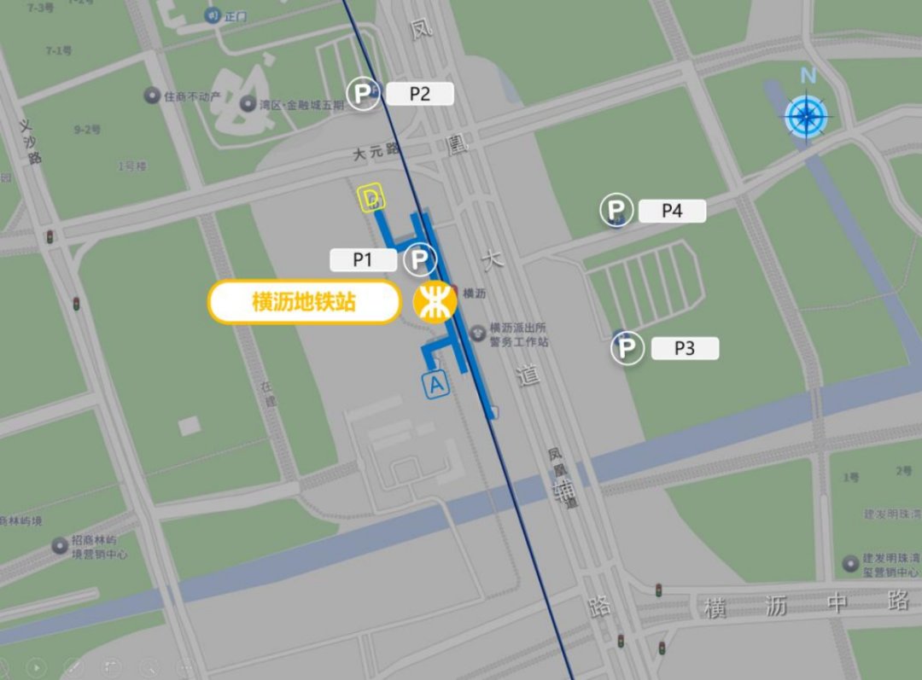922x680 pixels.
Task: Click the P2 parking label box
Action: click(419, 94)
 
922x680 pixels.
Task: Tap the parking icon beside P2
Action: click(363, 94)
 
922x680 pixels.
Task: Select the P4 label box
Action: click(672, 211)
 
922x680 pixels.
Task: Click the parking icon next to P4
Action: click(616, 210)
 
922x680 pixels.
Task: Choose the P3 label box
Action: click(685, 348)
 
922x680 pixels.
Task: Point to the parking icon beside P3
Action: click(627, 349)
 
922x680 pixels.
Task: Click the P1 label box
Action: click(363, 260)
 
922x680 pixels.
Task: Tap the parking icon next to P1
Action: click(419, 259)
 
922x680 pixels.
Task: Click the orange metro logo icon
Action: click(435, 303)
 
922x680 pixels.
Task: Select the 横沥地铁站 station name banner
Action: click(305, 302)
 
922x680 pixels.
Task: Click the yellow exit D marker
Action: click(371, 199)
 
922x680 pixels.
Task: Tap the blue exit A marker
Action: click(436, 386)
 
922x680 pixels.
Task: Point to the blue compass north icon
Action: click(808, 113)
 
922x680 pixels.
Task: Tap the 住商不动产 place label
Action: click(191, 96)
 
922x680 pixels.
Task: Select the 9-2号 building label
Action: click(88, 130)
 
